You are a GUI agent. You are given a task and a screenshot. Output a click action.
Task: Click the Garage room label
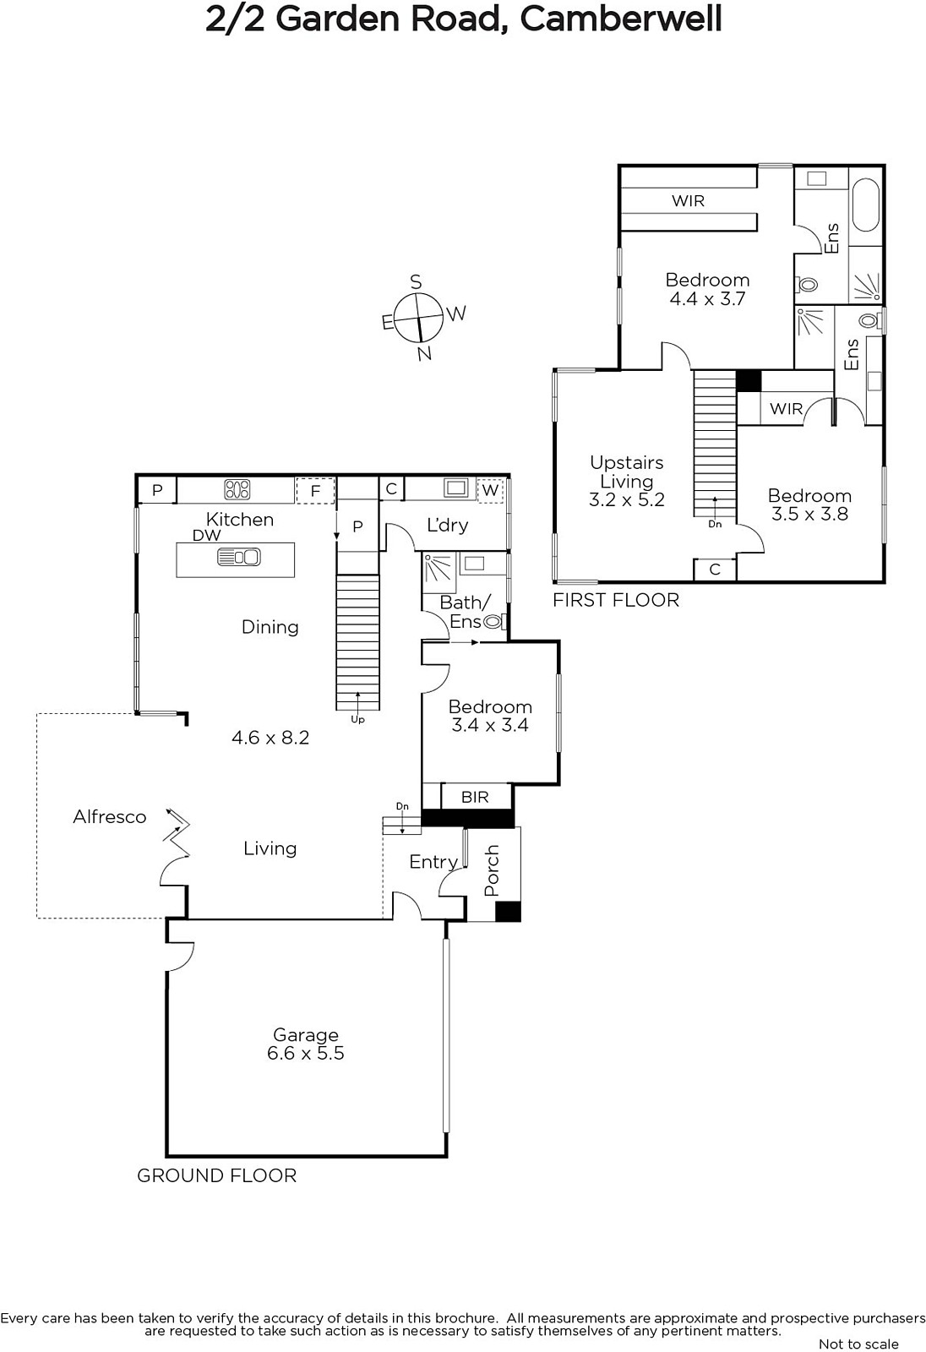click(x=306, y=1035)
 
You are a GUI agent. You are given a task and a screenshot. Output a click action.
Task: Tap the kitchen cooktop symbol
click(x=237, y=489)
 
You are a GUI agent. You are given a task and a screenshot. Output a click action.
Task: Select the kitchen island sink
click(x=238, y=557)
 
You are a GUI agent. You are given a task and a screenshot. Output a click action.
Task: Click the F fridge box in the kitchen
click(x=315, y=491)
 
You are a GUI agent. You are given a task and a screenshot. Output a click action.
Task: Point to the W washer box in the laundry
click(x=490, y=490)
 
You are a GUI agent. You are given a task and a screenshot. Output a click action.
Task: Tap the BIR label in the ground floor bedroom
click(x=475, y=798)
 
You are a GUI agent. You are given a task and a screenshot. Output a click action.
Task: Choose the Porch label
click(x=492, y=870)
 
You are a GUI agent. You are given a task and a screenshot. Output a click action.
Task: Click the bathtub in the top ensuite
click(x=866, y=204)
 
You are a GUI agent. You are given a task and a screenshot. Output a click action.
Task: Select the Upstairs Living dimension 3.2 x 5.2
click(x=627, y=499)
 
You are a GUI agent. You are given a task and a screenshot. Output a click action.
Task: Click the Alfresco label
click(x=110, y=816)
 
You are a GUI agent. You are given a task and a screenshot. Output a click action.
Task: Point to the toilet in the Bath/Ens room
click(x=493, y=621)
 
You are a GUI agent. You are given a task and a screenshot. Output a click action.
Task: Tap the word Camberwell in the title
click(x=620, y=19)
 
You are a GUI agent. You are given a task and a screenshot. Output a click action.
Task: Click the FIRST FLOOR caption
click(x=616, y=600)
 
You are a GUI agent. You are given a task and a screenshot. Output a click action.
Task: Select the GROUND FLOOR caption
click(x=216, y=1175)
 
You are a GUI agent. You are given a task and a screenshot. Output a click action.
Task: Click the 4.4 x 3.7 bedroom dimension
click(x=707, y=299)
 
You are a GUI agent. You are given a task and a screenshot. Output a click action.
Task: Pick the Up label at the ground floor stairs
click(x=357, y=719)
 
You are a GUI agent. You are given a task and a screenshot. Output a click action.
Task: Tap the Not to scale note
click(x=858, y=1344)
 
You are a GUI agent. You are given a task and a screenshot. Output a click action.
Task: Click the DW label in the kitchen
click(x=206, y=536)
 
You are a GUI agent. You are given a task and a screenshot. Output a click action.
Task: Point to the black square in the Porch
click(x=508, y=912)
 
